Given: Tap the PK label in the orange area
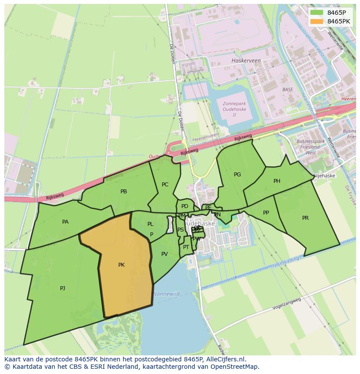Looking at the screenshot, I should coord(121,265).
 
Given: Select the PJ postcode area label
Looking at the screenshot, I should coord(63,288).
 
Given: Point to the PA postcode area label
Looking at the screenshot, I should coord(65,222).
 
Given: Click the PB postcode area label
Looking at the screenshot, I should coord(123,192).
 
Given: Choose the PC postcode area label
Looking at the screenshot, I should coord(165,185).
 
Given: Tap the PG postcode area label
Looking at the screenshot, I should coord(237,175).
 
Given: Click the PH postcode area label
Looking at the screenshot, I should coord(277,181).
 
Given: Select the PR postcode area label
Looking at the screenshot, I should coord(305,218).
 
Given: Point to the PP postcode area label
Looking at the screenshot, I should coord(266,213).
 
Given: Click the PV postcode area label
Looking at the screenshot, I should coord(164,254).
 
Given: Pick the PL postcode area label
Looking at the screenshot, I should coord(150,224).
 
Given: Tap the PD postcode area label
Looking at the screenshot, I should coord(185,206).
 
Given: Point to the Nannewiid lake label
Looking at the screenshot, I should coord(166,294).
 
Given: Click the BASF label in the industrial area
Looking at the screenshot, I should coord(287,89).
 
